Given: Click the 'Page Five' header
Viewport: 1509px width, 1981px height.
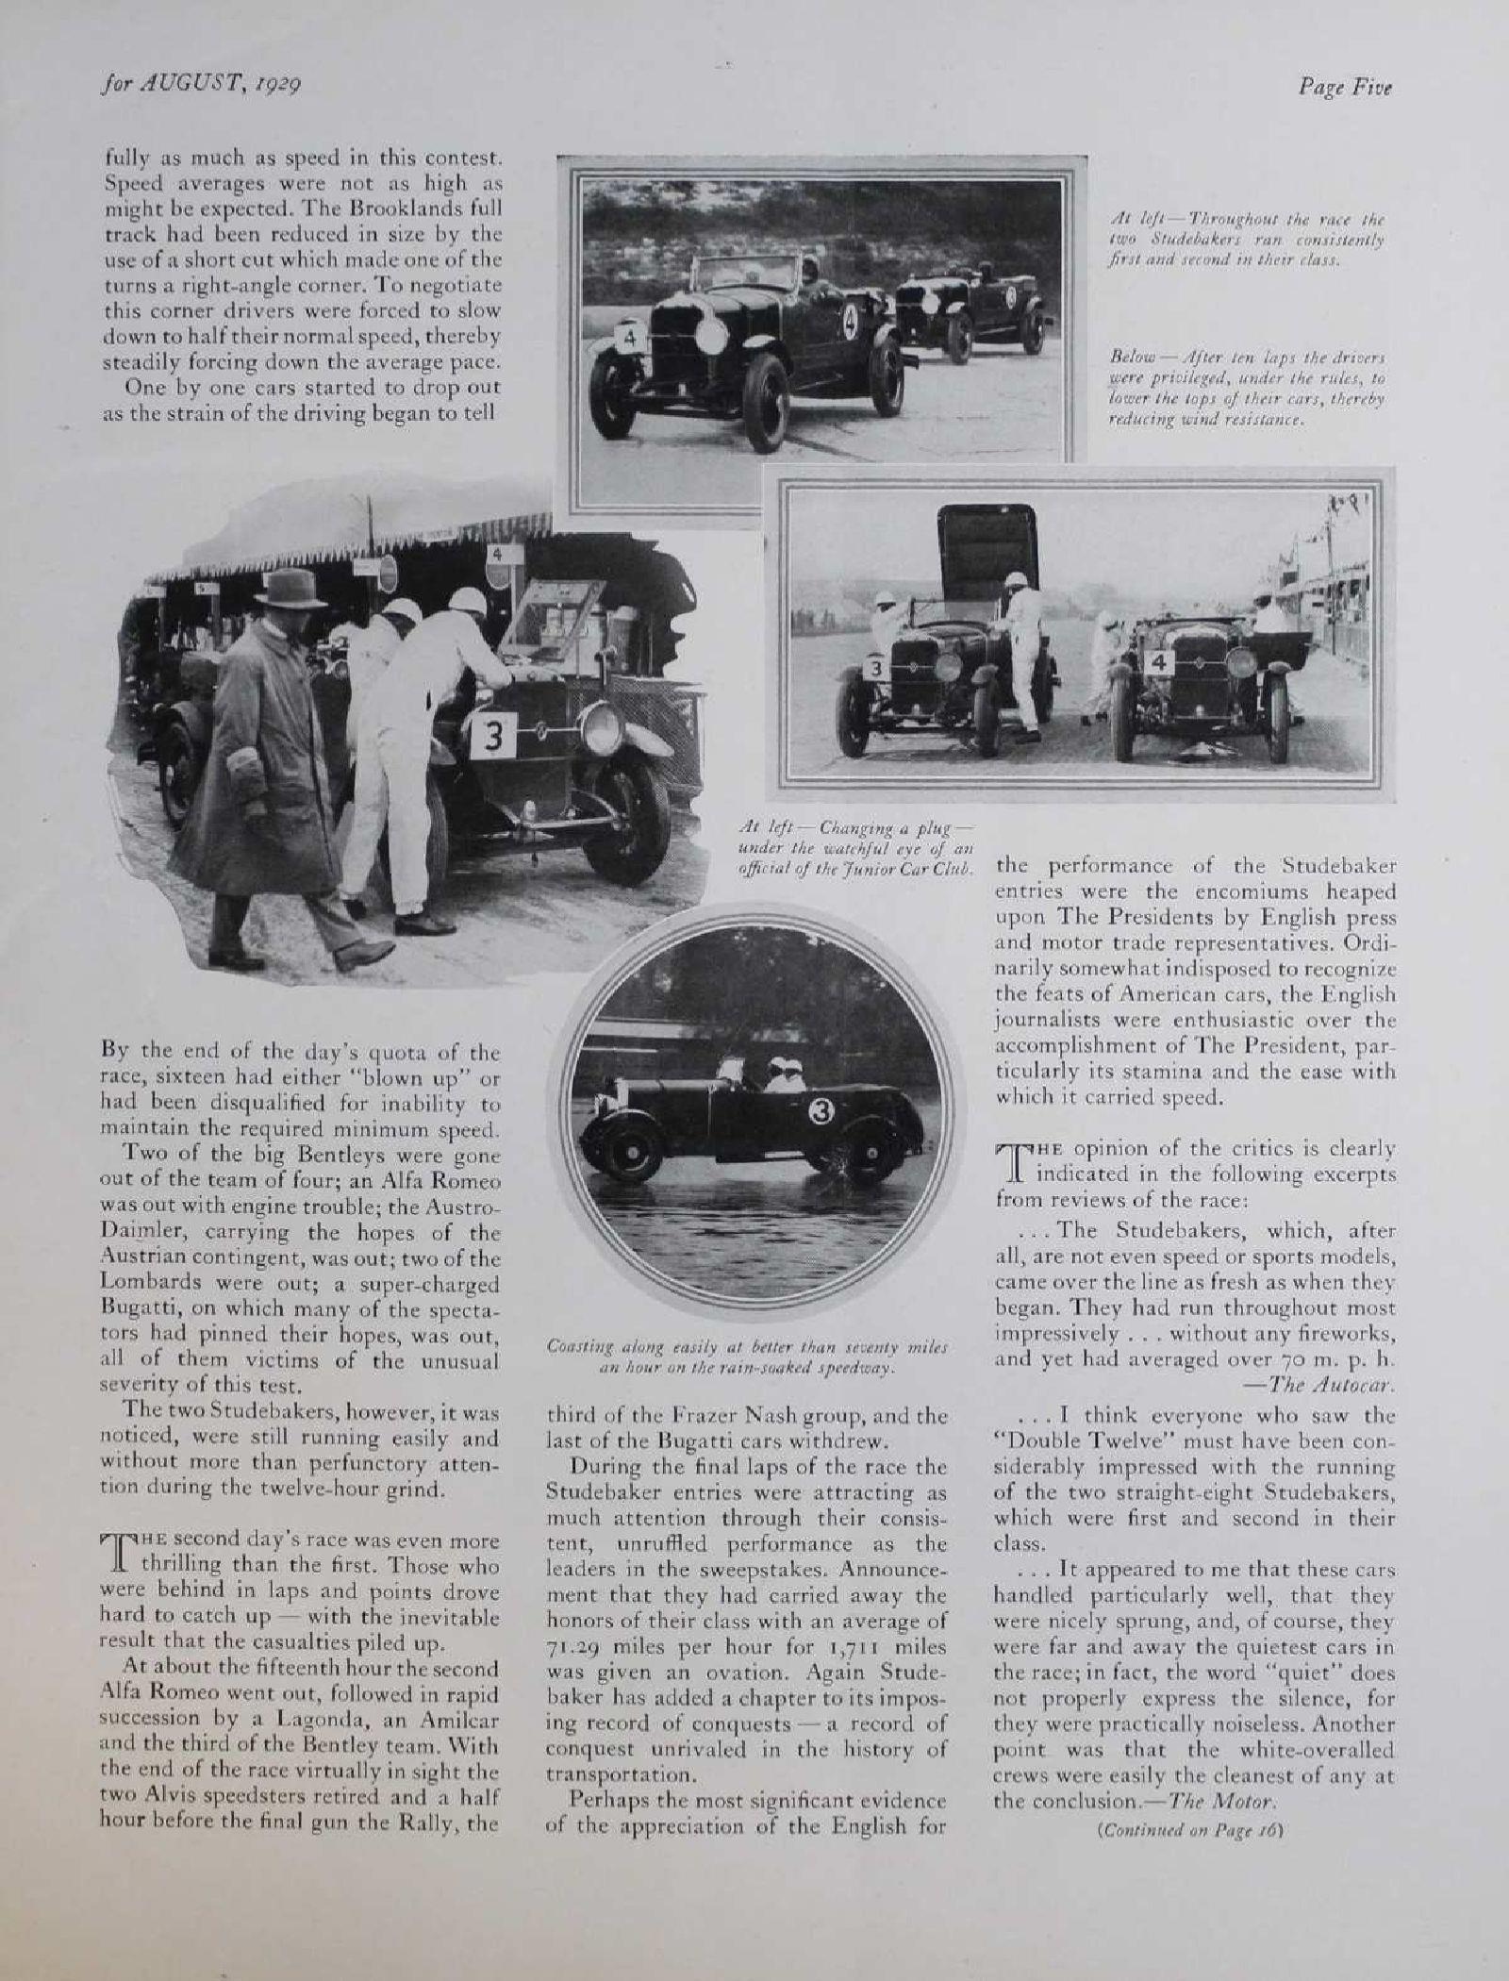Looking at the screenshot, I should (x=1344, y=87).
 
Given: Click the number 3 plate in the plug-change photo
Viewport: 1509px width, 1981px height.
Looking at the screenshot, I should (x=492, y=738).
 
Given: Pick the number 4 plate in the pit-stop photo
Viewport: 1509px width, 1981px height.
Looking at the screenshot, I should (x=1160, y=664).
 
